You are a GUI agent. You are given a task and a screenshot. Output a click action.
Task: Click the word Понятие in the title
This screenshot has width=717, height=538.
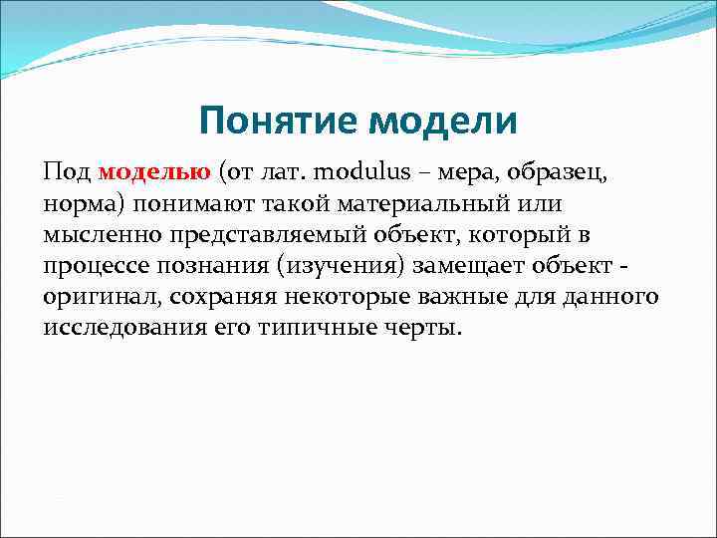(278, 123)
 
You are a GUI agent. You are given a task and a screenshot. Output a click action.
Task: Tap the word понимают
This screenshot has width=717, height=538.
(205, 204)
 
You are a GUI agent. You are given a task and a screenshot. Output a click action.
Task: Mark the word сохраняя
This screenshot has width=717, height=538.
(225, 297)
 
